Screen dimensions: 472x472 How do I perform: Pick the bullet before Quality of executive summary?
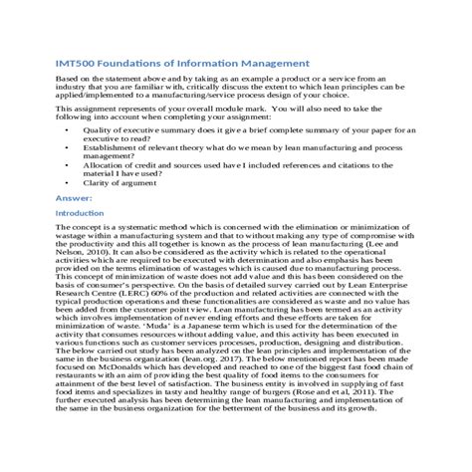tap(67, 129)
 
